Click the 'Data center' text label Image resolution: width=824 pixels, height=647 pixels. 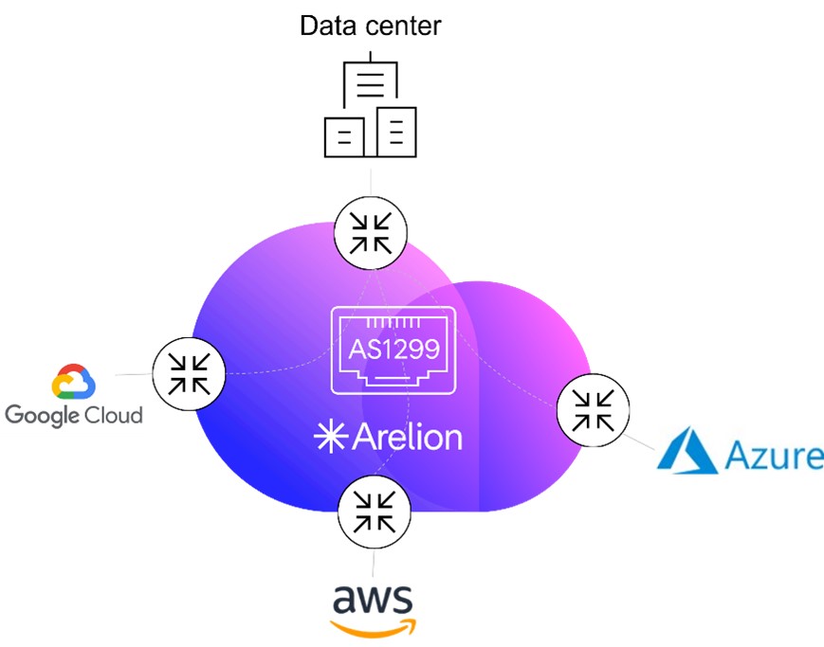(370, 26)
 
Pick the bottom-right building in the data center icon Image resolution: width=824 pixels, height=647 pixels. (396, 132)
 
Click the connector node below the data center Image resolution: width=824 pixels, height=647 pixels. (371, 230)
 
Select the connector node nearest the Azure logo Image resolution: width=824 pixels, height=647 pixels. (593, 411)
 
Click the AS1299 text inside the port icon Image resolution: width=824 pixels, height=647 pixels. (394, 349)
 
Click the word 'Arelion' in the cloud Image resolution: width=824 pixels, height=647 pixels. (408, 437)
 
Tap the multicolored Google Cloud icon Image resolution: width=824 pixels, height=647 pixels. (74, 382)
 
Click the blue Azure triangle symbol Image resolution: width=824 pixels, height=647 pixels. (688, 450)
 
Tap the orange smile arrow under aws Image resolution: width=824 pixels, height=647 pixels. (373, 626)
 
